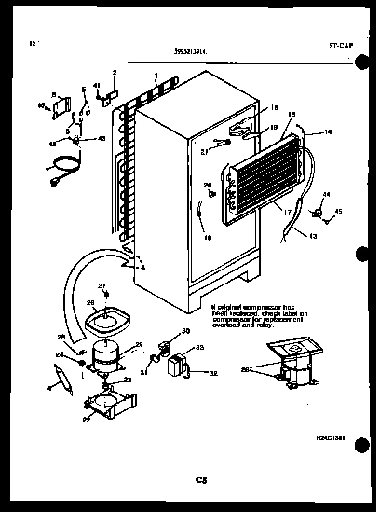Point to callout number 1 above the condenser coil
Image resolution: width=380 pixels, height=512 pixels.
(156, 75)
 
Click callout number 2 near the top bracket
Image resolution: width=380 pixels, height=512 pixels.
(115, 73)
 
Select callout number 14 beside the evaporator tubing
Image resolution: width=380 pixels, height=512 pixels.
(327, 133)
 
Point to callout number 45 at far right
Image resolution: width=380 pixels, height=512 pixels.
(339, 213)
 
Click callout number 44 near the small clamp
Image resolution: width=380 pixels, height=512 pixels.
(325, 195)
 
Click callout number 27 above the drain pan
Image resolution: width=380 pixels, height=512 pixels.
(103, 286)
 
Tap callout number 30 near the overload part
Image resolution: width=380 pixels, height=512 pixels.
(185, 332)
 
